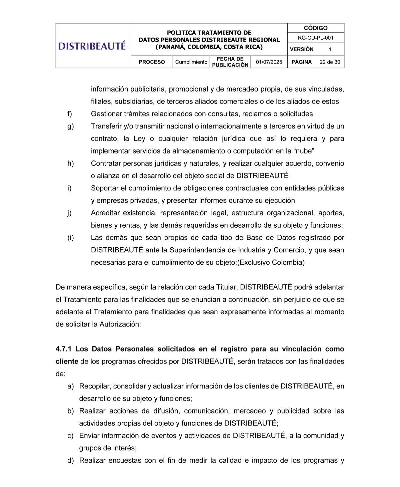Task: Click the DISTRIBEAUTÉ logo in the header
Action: tap(92, 46)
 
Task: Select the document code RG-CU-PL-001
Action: tap(315, 38)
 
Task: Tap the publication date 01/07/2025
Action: tap(269, 62)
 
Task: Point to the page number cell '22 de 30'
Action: tap(330, 62)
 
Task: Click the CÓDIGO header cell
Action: tap(315, 28)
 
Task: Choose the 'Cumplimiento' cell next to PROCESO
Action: tap(191, 62)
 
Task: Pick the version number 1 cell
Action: tap(330, 49)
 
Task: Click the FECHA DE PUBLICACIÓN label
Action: tap(230, 62)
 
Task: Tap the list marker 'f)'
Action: tap(70, 114)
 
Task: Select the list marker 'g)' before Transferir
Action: tap(70, 126)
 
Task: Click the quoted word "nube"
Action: tap(304, 151)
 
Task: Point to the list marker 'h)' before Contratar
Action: tap(70, 163)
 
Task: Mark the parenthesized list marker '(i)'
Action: tap(70, 238)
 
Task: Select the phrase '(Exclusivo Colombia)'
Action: tap(271, 262)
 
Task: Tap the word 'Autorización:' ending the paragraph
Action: tap(120, 324)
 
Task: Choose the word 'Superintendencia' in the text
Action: tap(195, 250)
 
